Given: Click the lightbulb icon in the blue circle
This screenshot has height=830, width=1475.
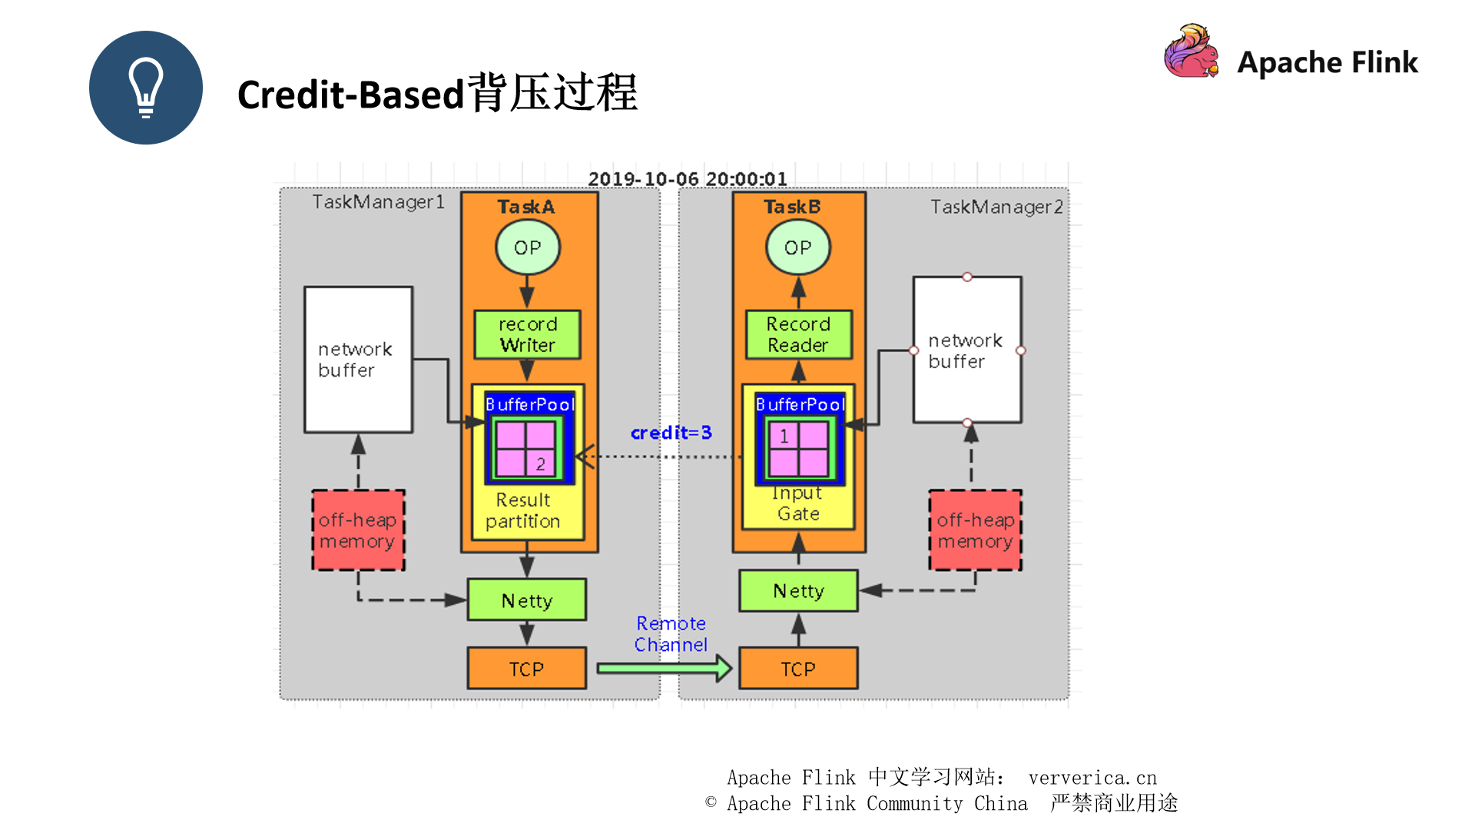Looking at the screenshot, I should click(x=146, y=88).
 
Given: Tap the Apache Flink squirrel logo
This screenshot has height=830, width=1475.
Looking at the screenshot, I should click(x=1191, y=52).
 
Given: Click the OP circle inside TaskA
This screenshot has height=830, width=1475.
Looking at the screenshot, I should click(x=527, y=247).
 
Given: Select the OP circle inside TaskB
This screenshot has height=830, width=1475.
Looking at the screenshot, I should click(x=797, y=247).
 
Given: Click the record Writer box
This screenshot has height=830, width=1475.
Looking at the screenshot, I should click(x=527, y=334).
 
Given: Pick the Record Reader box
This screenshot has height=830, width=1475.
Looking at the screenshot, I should click(x=798, y=334).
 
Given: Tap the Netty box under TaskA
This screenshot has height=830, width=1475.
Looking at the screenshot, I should click(x=527, y=600).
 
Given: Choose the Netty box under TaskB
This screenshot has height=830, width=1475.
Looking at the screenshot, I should click(x=798, y=590).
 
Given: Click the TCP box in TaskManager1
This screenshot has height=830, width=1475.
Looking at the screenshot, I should click(x=526, y=669).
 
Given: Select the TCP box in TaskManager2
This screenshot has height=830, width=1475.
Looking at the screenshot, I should click(x=798, y=669).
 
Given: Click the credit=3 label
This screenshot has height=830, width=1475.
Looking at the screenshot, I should click(x=671, y=433).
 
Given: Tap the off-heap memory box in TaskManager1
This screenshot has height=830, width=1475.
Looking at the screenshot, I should click(x=358, y=530).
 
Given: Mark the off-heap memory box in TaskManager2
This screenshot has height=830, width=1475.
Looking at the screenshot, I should click(x=976, y=530).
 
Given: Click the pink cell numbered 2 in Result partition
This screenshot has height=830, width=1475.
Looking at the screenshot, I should click(x=540, y=463).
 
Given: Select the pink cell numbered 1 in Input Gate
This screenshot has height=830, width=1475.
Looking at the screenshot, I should click(x=784, y=436).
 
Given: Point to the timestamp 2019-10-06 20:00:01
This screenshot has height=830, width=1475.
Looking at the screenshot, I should click(x=688, y=179).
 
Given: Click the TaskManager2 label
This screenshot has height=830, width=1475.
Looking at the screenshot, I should click(x=996, y=207).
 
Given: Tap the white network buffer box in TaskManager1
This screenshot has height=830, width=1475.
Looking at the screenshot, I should click(x=358, y=360).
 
